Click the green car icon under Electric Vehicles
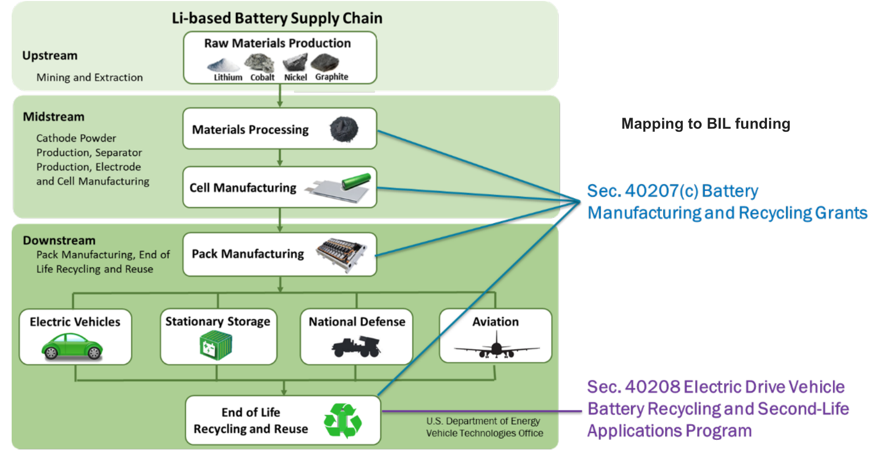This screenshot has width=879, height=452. coord(72,347)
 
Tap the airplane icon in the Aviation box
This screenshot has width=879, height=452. coord(496,349)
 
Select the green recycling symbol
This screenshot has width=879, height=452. coord(343,420)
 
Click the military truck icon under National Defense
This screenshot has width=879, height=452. coord(356,347)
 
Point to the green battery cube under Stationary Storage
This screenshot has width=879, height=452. coord(216,345)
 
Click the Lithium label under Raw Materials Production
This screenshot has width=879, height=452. coord(228,78)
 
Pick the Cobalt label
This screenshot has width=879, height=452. coord(262,78)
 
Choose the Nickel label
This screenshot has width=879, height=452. coord(296,78)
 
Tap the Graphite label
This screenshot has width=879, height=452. coord(332,77)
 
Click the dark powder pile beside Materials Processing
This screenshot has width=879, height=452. coord(344,129)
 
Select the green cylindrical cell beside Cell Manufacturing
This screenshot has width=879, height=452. coord(356,181)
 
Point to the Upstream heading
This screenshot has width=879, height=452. coord(50,56)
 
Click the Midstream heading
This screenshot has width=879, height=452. coord(54,117)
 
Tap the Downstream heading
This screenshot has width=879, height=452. coord(59,240)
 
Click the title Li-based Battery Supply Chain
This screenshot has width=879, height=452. coord(277,18)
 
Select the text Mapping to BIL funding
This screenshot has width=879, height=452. coord(706,124)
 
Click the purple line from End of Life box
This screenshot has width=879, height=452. coord(482,411)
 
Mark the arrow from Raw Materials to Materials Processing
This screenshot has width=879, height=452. coord(280,96)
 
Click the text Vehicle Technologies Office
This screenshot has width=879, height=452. coord(484,433)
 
